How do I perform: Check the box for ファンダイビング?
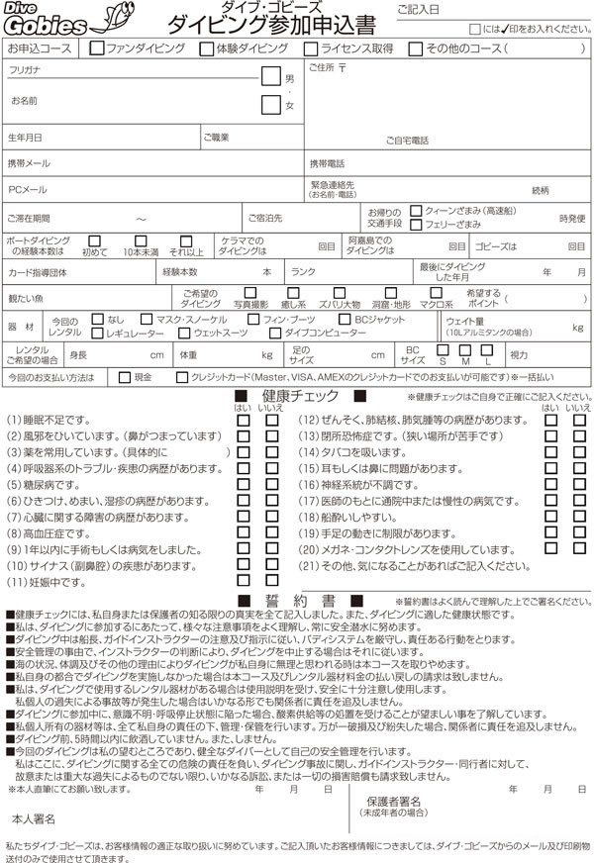pos(96,48)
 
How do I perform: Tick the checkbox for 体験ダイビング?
pos(206,48)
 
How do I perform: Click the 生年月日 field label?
pos(25,137)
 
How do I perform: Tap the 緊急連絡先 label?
pos(332,184)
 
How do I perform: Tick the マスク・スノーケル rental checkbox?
pos(147,319)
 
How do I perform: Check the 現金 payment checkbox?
pos(124,376)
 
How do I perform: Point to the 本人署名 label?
pos(35,820)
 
